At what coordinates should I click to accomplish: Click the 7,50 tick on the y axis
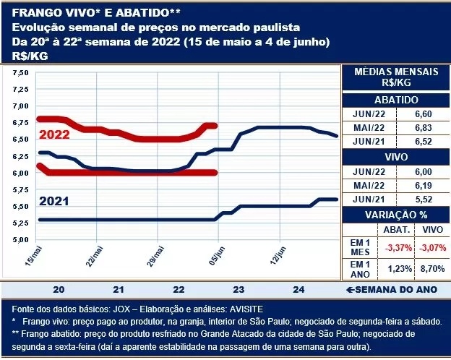click(x=20, y=72)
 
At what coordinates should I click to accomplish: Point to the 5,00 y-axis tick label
click(x=20, y=239)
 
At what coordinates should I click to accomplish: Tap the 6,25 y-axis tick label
click(x=20, y=156)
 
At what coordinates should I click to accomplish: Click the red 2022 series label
click(x=54, y=135)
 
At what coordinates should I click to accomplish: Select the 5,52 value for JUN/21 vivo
click(x=421, y=197)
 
